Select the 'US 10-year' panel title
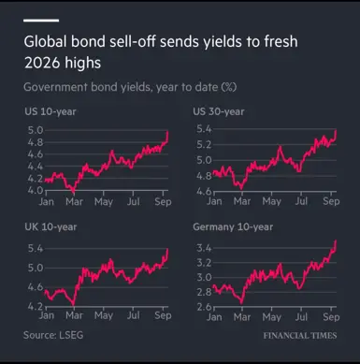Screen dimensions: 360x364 (x=50, y=111)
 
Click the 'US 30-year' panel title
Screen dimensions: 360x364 (x=219, y=111)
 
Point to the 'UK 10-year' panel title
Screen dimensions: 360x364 (x=50, y=227)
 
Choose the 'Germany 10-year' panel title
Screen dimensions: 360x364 (x=233, y=227)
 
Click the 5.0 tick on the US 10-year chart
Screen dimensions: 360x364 (x=36, y=130)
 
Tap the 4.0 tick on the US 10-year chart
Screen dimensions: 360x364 (x=36, y=190)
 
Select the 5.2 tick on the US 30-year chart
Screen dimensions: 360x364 (x=204, y=145)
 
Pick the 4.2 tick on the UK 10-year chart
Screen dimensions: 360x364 (x=36, y=306)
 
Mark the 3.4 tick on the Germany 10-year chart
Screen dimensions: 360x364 (x=204, y=248)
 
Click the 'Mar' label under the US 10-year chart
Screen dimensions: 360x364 (x=74, y=202)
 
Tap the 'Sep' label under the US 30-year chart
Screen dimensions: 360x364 (x=331, y=201)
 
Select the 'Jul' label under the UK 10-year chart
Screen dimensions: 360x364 (x=133, y=315)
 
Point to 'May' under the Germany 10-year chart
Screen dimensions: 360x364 (x=271, y=317)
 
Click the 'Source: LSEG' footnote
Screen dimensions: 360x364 (x=53, y=335)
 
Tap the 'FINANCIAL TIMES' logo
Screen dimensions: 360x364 (x=300, y=336)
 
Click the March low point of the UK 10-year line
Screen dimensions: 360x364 (x=74, y=304)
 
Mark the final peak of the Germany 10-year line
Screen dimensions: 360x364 (x=336, y=240)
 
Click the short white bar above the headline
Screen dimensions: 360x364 (x=41, y=21)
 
